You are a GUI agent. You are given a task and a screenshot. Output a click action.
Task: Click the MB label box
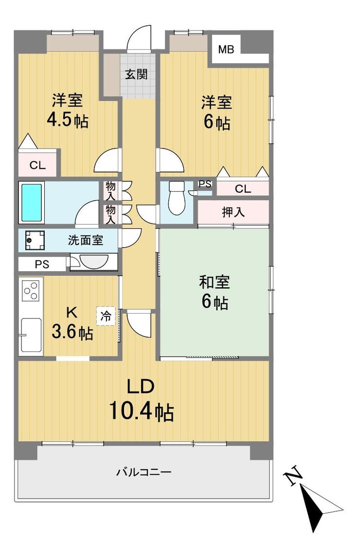pos(226,50)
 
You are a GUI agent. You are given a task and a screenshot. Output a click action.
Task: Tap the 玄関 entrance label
pos(136,74)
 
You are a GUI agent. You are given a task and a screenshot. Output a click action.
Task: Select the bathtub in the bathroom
pos(32,202)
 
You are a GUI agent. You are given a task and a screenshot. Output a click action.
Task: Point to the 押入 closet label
pos(234,212)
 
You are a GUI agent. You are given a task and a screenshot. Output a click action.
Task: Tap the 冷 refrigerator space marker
pos(106,316)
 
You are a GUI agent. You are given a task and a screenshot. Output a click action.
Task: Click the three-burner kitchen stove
pos(31,290)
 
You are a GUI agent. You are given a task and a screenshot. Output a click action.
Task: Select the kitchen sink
pos(31,335)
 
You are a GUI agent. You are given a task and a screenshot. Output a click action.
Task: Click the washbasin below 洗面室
pos(94,261)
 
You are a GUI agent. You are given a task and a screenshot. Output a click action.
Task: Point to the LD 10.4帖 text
pos(141,400)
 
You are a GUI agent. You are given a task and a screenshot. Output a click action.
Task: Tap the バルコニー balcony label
pos(144,472)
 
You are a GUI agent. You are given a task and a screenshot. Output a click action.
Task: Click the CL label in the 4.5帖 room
pos(38,165)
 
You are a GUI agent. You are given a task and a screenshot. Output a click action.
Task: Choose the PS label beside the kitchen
pos(42,264)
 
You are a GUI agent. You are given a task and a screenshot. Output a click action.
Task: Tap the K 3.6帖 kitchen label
pos(72,323)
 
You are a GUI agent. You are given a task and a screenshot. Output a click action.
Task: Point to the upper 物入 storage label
pos(110,190)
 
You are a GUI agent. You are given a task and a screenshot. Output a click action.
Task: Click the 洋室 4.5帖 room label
pos(68,111)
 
